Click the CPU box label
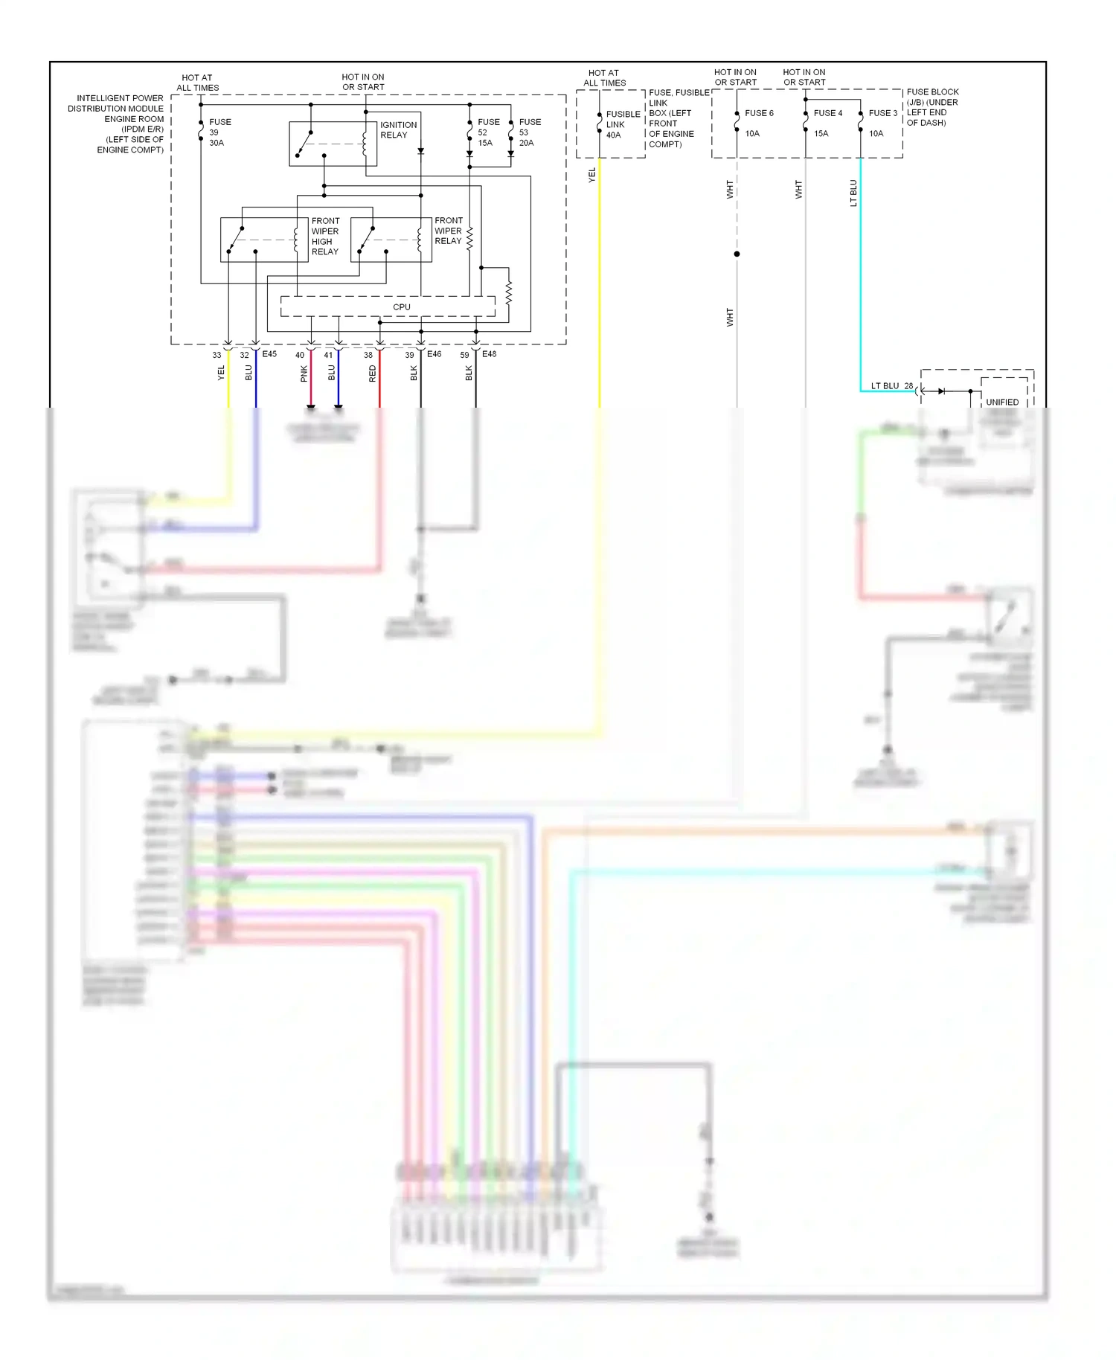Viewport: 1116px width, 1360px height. (401, 307)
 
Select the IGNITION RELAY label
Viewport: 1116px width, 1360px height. (398, 130)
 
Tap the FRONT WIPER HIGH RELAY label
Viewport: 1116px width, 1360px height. (325, 236)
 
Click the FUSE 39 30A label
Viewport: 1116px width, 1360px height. (219, 132)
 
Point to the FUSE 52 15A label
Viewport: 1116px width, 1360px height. (488, 132)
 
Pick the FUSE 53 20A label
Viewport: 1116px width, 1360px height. (529, 132)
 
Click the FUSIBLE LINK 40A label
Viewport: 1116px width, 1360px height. (622, 124)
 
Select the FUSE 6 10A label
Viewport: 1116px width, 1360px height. (758, 123)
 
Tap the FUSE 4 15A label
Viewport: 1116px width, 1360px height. (827, 123)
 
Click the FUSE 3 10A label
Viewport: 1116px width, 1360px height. (882, 123)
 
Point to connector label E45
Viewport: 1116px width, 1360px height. (269, 354)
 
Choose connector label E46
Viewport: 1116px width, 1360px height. (434, 354)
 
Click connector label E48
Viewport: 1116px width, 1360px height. (489, 354)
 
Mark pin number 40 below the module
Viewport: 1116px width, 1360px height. (299, 355)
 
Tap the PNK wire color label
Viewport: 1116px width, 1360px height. (304, 373)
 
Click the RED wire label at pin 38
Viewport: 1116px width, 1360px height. (373, 373)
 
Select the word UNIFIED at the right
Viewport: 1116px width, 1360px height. (1001, 402)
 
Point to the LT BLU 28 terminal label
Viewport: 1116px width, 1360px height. (891, 385)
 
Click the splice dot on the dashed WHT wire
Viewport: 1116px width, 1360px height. (737, 254)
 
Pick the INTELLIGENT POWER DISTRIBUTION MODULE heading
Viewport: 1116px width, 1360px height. (119, 124)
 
